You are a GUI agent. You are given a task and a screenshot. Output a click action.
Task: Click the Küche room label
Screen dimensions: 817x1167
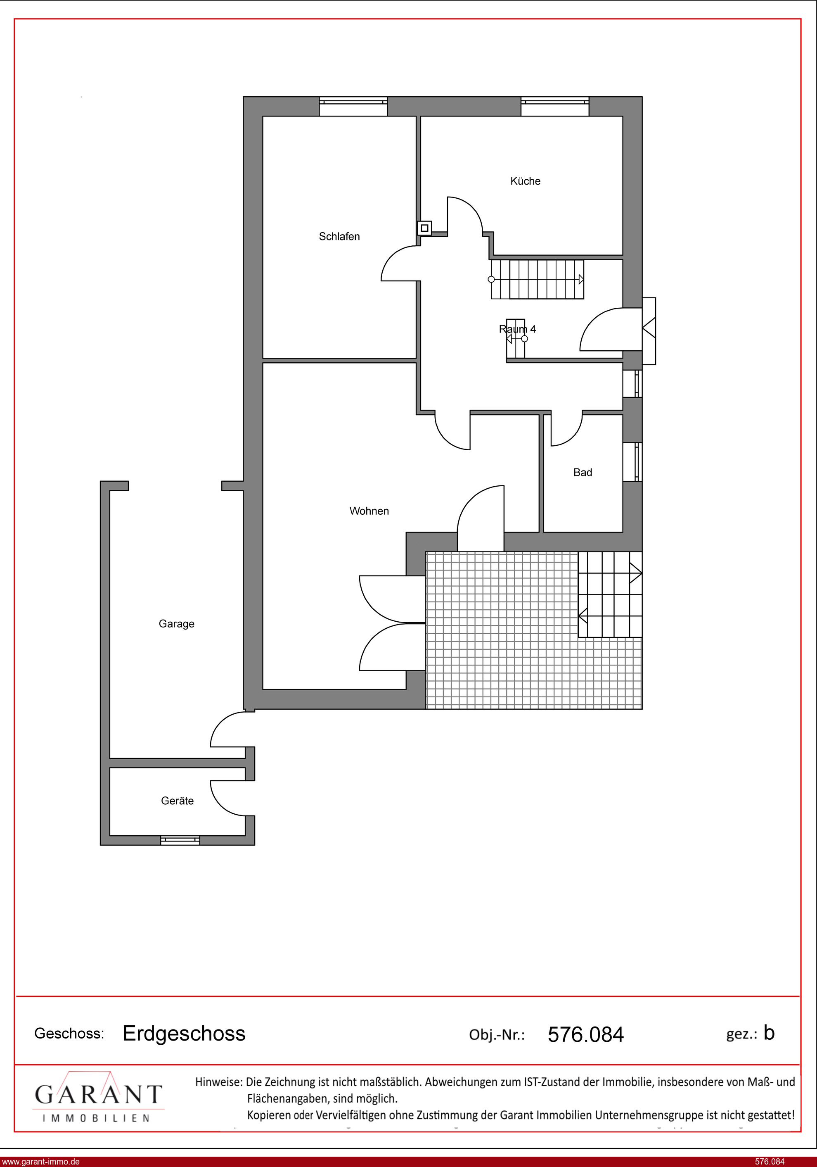pyautogui.click(x=526, y=181)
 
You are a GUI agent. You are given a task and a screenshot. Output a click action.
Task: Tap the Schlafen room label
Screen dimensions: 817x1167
pyautogui.click(x=339, y=236)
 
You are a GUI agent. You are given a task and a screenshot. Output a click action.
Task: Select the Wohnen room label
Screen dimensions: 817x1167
pyautogui.click(x=369, y=511)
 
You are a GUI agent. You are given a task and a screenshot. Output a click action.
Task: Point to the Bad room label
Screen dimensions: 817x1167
pyautogui.click(x=583, y=472)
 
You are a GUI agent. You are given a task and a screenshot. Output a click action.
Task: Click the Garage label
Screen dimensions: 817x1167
pyautogui.click(x=177, y=624)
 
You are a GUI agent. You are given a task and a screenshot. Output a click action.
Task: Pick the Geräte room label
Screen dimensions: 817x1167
pyautogui.click(x=178, y=801)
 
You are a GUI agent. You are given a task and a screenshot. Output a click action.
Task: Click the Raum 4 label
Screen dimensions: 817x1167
pyautogui.click(x=517, y=329)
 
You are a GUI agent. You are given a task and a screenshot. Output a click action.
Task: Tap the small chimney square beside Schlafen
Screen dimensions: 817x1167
pyautogui.click(x=424, y=228)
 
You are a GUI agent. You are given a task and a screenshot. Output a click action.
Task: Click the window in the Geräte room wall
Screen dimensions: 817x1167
pyautogui.click(x=180, y=840)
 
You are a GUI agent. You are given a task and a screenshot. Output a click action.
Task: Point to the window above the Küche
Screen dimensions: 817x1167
pyautogui.click(x=555, y=107)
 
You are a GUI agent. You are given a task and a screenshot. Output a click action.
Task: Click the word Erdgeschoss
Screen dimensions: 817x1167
pyautogui.click(x=184, y=1033)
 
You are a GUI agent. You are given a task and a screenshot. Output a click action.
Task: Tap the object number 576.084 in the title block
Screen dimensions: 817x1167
pyautogui.click(x=585, y=1034)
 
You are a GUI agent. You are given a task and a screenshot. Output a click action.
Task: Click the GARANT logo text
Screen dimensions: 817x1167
pyautogui.click(x=98, y=1094)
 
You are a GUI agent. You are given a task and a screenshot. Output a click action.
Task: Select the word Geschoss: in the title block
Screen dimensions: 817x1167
pyautogui.click(x=69, y=1033)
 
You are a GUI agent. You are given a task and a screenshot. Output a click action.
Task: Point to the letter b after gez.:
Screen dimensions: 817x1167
pyautogui.click(x=769, y=1032)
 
